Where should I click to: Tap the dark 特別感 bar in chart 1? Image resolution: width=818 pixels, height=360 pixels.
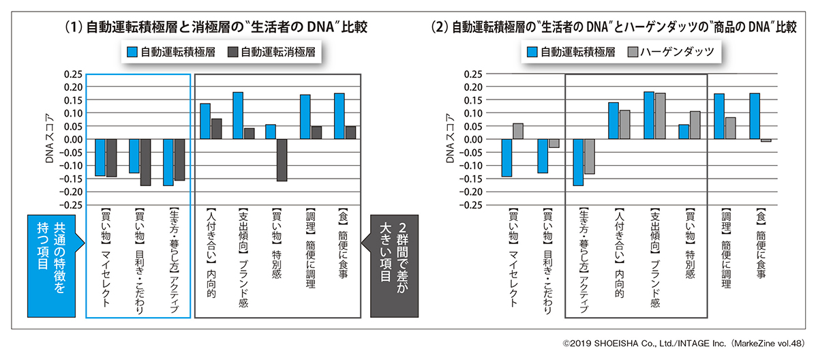[x=282, y=160]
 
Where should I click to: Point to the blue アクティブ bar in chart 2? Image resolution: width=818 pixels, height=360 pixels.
[x=578, y=162]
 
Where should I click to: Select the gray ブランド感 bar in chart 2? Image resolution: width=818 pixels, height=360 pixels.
[x=660, y=116]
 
